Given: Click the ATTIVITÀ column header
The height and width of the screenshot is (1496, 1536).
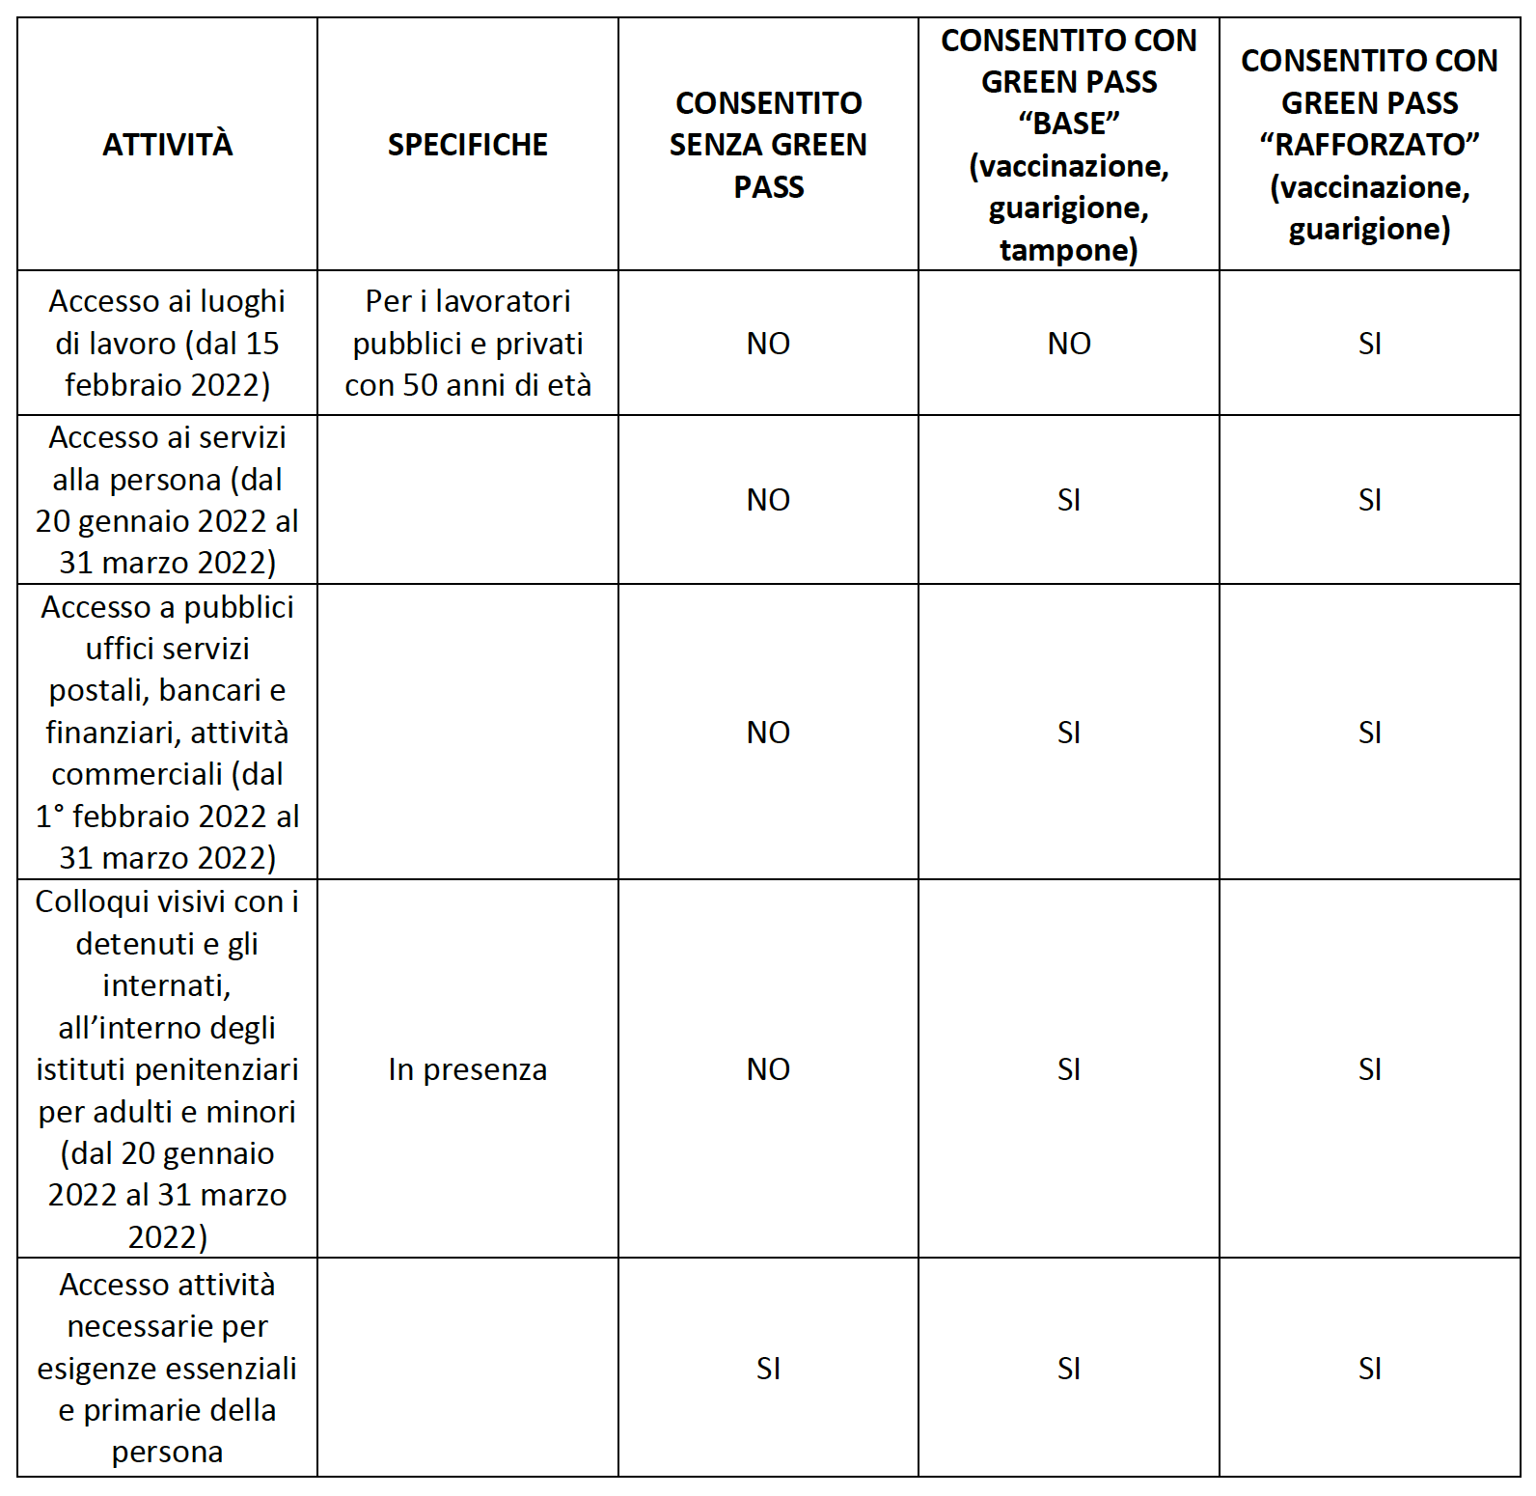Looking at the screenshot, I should [167, 145].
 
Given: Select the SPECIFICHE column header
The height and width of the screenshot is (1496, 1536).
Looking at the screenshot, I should [467, 145].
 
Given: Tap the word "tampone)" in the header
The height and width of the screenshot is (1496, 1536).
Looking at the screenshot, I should [1068, 250].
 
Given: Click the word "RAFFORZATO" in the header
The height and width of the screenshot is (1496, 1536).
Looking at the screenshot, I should [1369, 145].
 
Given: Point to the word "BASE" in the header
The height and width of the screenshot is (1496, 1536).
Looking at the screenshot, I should [1068, 124].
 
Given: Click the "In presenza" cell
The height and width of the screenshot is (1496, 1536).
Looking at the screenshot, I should [467, 1069].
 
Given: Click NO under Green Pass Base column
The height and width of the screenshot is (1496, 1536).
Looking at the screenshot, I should [1068, 344].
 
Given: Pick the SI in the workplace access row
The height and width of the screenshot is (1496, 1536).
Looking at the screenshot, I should [1369, 344].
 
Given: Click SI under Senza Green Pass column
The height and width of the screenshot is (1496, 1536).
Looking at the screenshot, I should [768, 1369].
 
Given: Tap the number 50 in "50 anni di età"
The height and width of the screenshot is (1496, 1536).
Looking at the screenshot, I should [421, 385].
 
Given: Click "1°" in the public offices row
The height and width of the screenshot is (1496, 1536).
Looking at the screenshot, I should [50, 817].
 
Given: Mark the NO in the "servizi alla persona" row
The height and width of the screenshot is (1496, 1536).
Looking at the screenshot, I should [768, 500].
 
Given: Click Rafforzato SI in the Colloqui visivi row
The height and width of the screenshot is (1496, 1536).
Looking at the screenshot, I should [1369, 1069].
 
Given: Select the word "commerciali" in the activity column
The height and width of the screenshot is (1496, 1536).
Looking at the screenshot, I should [137, 775].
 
